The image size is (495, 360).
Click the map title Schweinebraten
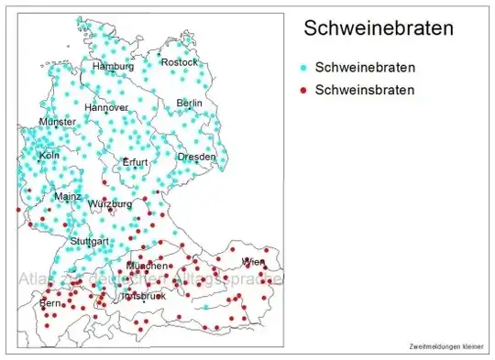tap(379, 29)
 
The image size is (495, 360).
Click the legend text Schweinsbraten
tap(364, 90)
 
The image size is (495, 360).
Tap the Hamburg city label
tap(113, 67)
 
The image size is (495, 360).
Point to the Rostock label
tap(179, 62)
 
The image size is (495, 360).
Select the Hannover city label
tap(106, 107)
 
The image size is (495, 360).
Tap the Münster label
tap(57, 122)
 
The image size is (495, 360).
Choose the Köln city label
tap(49, 156)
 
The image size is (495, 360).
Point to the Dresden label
tap(196, 157)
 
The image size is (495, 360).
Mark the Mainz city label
tap(68, 196)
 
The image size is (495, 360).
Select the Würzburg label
tap(109, 203)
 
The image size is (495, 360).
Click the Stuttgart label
tap(90, 242)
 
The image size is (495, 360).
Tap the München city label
tap(147, 266)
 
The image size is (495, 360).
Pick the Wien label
tap(252, 263)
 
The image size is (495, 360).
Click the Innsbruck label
tap(141, 298)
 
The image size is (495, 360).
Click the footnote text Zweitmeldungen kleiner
tap(447, 346)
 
